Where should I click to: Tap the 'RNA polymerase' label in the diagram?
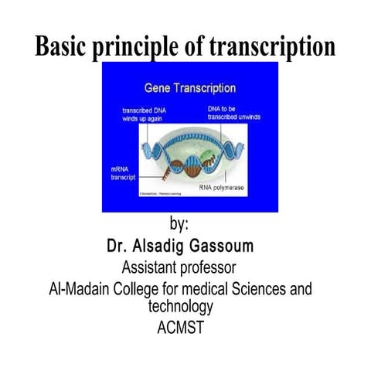click(x=223, y=188)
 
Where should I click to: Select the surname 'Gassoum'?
click(x=228, y=247)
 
